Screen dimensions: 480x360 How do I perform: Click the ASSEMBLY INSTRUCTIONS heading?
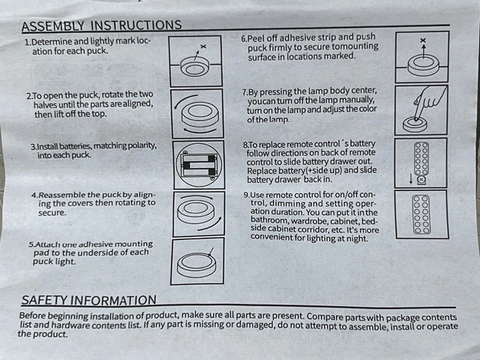[x=102, y=25]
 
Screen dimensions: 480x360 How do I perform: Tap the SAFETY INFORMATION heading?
[x=88, y=300]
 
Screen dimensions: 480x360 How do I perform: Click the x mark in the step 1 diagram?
[x=203, y=46]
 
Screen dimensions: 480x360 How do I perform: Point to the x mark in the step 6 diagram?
[x=423, y=40]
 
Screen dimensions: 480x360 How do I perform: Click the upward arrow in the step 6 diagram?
[x=423, y=51]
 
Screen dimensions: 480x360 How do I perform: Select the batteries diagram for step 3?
[x=199, y=165]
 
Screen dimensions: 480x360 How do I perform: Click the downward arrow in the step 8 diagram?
[x=411, y=178]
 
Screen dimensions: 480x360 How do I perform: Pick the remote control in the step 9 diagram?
[x=421, y=214]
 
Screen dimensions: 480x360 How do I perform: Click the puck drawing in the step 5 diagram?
[x=196, y=265]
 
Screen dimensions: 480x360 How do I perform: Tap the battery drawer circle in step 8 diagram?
[x=421, y=180]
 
